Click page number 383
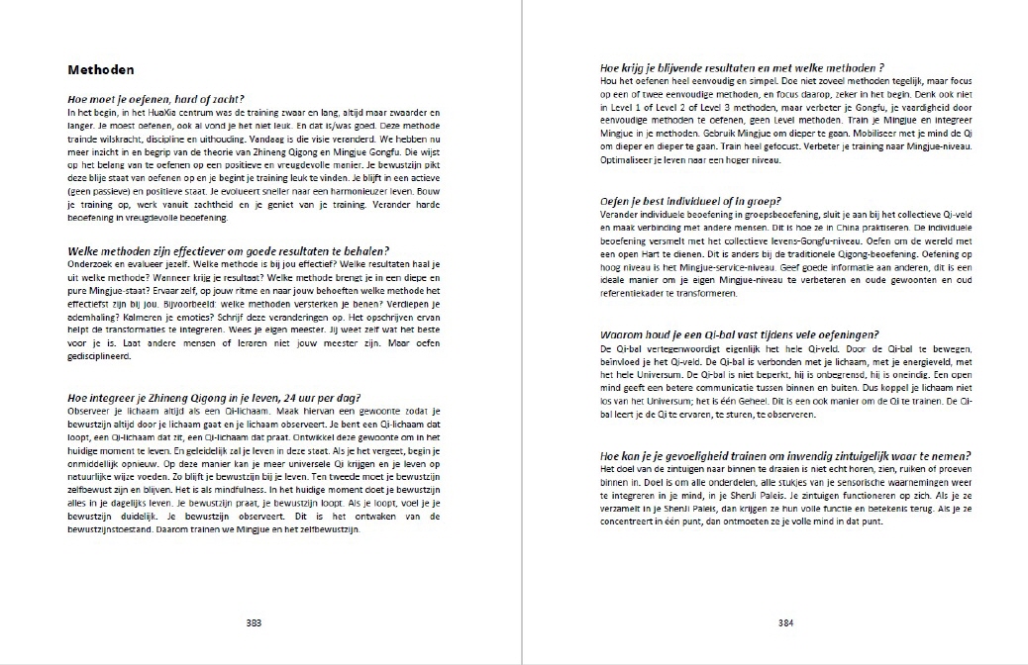[x=254, y=622]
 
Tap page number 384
[x=786, y=622]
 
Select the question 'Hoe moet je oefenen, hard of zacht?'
[x=155, y=98]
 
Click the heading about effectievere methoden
[x=228, y=250]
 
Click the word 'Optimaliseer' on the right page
[x=627, y=161]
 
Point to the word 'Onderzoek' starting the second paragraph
[x=89, y=262]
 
